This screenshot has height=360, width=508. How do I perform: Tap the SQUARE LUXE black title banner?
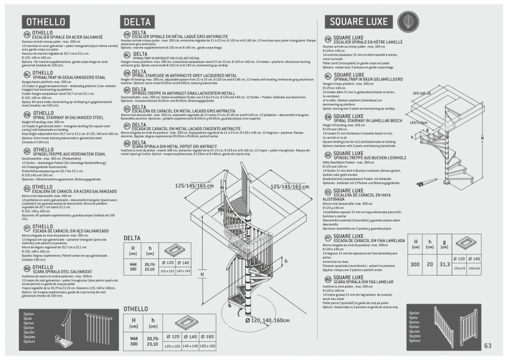click(x=359, y=22)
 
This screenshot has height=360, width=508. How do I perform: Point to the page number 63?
click(x=488, y=346)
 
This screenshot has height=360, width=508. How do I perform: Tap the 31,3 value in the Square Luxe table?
click(x=444, y=264)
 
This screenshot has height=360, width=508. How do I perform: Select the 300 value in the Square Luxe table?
click(x=415, y=264)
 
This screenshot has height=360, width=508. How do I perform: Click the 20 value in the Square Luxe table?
click(x=430, y=264)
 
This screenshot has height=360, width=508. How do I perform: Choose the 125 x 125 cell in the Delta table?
click(x=167, y=271)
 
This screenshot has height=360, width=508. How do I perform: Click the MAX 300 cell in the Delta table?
click(x=133, y=266)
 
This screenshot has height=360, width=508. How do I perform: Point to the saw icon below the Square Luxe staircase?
click(x=426, y=183)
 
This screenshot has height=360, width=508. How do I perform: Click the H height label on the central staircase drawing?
click(x=202, y=274)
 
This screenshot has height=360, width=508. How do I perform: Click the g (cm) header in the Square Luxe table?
click(x=444, y=243)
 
